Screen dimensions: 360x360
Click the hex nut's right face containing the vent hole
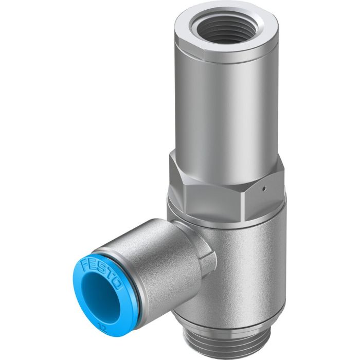click(x=267, y=183)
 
